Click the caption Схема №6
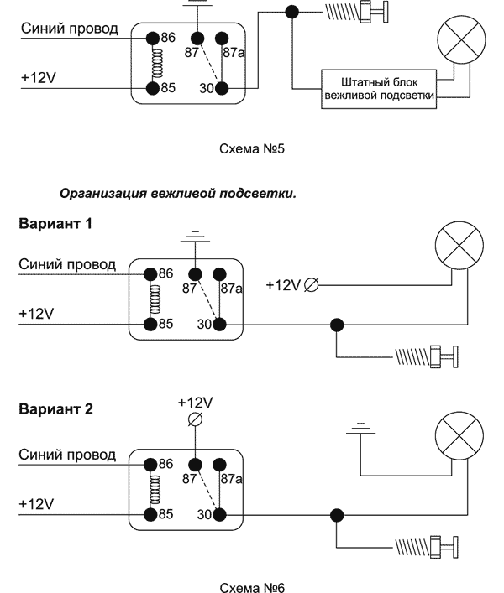pyautogui.click(x=252, y=586)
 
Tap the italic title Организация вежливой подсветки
pyautogui.click(x=177, y=194)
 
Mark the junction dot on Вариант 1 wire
pyautogui.click(x=337, y=325)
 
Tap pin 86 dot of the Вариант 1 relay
pyautogui.click(x=152, y=273)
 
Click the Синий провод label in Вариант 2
pyautogui.click(x=67, y=455)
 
